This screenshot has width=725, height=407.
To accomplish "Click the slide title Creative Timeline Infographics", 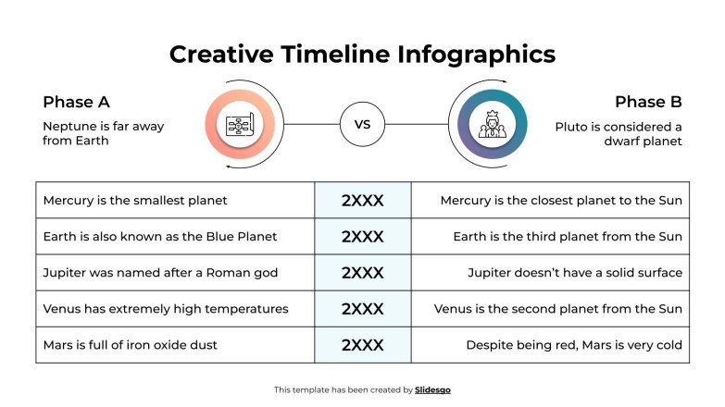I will (362, 54).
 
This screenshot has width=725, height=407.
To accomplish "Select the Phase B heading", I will (648, 102).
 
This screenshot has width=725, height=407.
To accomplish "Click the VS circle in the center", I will (362, 124).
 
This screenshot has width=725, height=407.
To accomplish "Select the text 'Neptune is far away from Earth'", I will (103, 133).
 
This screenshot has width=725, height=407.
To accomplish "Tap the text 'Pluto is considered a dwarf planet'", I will (619, 133).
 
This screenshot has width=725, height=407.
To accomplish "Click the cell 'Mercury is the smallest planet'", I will (135, 200).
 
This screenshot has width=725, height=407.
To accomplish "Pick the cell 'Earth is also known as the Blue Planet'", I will (160, 236).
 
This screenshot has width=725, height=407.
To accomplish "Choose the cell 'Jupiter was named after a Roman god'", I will (160, 272).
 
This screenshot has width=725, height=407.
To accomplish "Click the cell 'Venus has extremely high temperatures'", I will (166, 308).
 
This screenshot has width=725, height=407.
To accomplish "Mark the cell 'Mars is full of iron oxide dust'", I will (131, 345).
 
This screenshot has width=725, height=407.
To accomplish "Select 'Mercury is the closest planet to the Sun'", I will (561, 200).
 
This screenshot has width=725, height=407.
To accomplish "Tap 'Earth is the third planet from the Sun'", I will (568, 236).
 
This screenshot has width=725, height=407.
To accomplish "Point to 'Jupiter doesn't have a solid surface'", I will (575, 272).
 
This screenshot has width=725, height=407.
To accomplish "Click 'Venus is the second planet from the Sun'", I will (558, 308).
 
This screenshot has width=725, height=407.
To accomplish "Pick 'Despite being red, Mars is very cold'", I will (574, 345).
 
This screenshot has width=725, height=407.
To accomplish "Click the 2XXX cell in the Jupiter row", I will (362, 272).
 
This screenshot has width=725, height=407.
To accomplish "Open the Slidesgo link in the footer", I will (432, 389).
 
